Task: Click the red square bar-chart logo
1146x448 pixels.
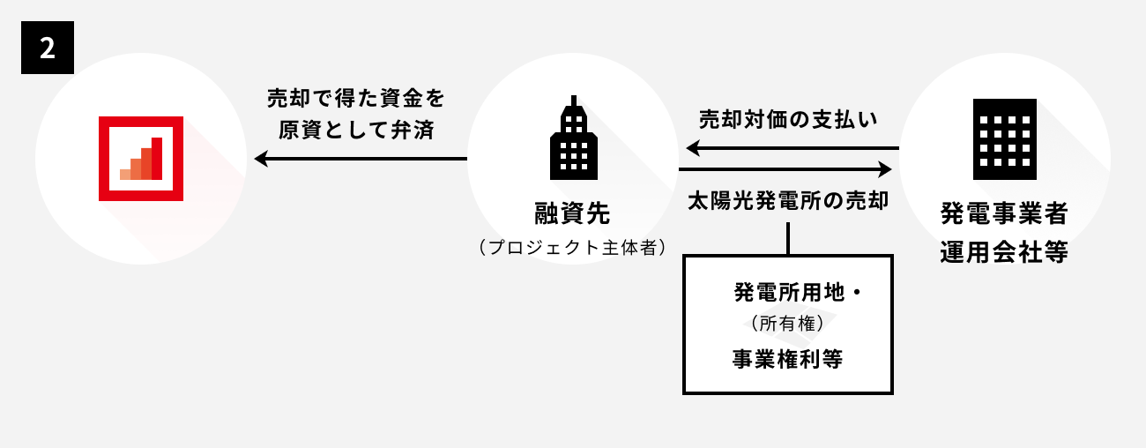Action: pyautogui.click(x=141, y=159)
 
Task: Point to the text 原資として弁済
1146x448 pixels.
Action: pyautogui.click(x=357, y=129)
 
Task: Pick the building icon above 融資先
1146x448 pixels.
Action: pyautogui.click(x=573, y=141)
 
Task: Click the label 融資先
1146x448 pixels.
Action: pyautogui.click(x=572, y=213)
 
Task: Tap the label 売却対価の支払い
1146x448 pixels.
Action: pyautogui.click(x=788, y=118)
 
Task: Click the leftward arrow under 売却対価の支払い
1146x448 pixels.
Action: pyautogui.click(x=788, y=148)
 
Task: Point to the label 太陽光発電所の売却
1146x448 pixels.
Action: pyautogui.click(x=788, y=199)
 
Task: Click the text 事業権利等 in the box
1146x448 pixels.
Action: pyautogui.click(x=787, y=359)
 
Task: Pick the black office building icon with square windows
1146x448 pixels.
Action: pyautogui.click(x=1004, y=139)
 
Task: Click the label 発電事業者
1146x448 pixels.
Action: pyautogui.click(x=1004, y=213)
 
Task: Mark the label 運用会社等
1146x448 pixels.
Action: pyautogui.click(x=1004, y=252)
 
